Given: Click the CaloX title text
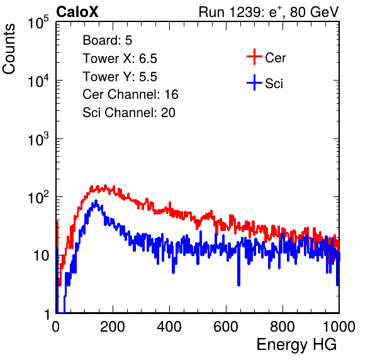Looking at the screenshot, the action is (x=77, y=12).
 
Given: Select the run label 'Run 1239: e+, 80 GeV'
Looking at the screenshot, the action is (x=268, y=12).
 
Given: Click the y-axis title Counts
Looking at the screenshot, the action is (x=9, y=49).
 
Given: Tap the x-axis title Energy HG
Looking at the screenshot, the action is (x=296, y=345).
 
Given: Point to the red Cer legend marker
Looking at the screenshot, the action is (x=254, y=57).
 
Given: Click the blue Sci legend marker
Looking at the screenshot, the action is (x=254, y=83).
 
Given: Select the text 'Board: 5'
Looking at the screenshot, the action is (x=108, y=40).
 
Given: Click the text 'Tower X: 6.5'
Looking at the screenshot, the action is (x=120, y=59).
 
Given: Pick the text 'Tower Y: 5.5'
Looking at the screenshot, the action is (x=120, y=77).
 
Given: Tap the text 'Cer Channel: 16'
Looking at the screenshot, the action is (x=130, y=94).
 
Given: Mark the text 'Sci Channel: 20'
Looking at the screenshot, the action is (x=129, y=113).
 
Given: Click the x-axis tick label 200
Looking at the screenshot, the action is (x=113, y=327).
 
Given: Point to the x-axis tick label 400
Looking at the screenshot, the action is (x=169, y=327).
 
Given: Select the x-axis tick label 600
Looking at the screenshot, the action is (x=226, y=327).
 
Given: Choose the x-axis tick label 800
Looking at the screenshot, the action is (x=283, y=327).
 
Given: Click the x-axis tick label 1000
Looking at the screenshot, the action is (x=339, y=327).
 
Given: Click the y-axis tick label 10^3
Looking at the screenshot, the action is (x=38, y=139).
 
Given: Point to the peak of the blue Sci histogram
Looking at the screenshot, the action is (x=96, y=201).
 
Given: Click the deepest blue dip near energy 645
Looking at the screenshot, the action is (x=238, y=284).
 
